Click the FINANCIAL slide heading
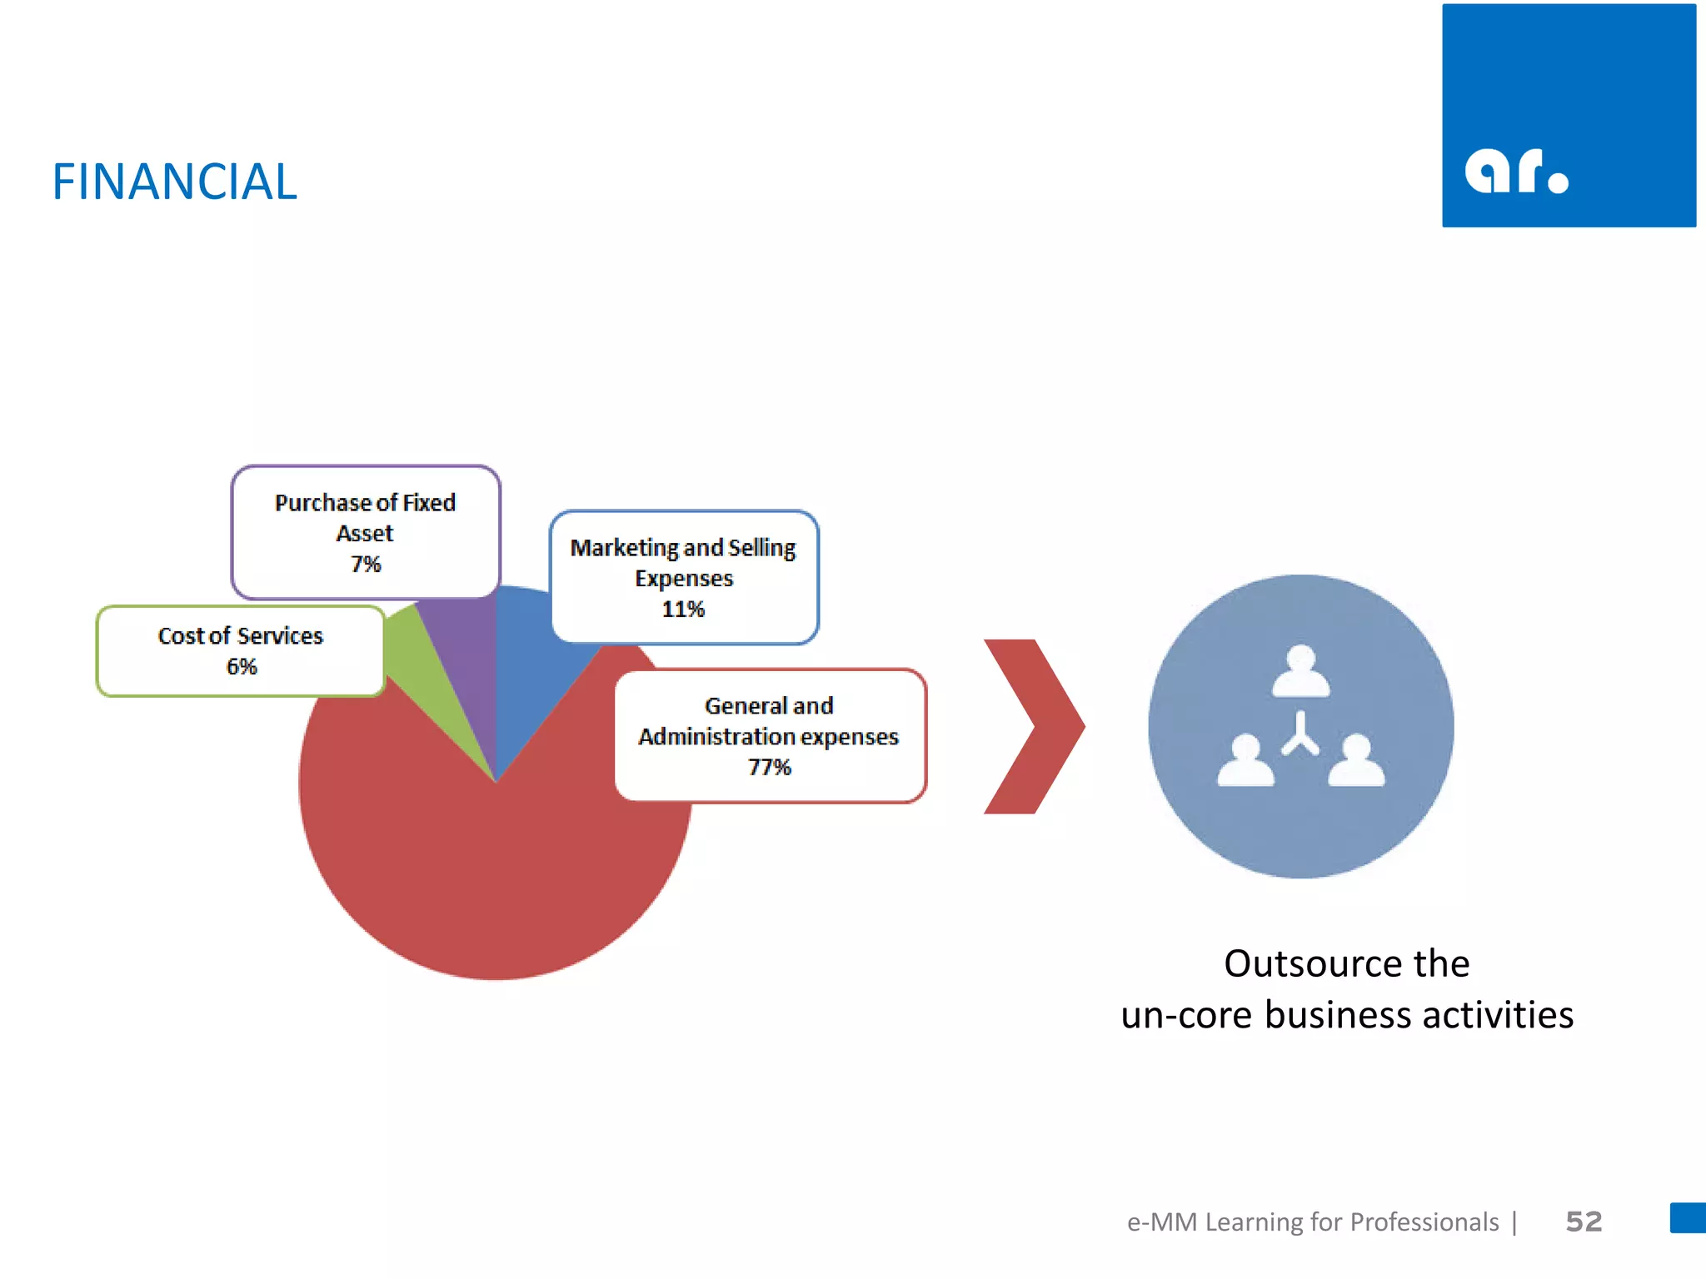point(174,182)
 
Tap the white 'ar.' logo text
point(1516,172)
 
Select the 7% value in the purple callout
point(365,564)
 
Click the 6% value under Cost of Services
point(242,666)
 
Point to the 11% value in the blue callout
point(683,609)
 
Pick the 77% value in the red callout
point(769,766)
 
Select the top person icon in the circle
point(1300,671)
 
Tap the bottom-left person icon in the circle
point(1245,760)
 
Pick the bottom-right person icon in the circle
point(1356,760)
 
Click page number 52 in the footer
point(1584,1222)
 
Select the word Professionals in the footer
point(1424,1222)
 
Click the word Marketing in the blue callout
point(624,548)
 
